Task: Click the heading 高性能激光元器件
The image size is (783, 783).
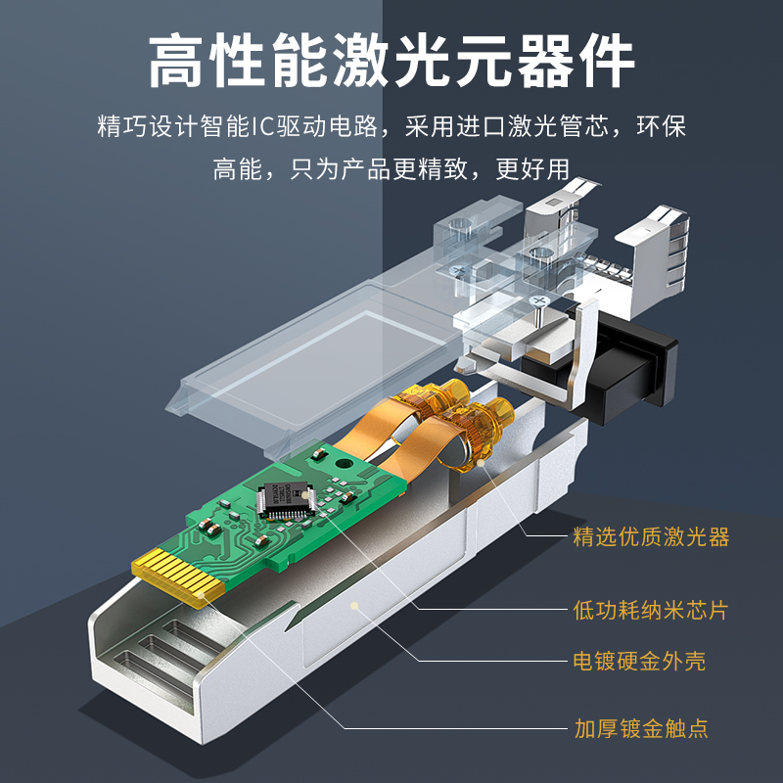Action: (x=391, y=61)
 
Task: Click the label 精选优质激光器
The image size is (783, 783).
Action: (x=651, y=536)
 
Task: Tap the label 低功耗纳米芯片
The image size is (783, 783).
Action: (x=651, y=610)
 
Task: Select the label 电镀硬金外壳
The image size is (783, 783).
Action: (x=639, y=662)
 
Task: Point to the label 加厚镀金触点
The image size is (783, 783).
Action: (x=641, y=728)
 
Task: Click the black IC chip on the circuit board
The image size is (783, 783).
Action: (x=286, y=499)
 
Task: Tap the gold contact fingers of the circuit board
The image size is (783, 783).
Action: (x=178, y=576)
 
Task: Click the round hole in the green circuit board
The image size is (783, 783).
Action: (x=344, y=463)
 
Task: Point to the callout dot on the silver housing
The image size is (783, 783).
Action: (x=354, y=606)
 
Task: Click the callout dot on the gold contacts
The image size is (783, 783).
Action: (x=202, y=595)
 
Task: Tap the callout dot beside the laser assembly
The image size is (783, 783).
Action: (x=481, y=463)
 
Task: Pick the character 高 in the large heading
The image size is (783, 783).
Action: (x=176, y=61)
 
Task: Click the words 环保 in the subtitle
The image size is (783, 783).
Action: (x=661, y=126)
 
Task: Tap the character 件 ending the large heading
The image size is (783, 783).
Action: (x=607, y=61)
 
